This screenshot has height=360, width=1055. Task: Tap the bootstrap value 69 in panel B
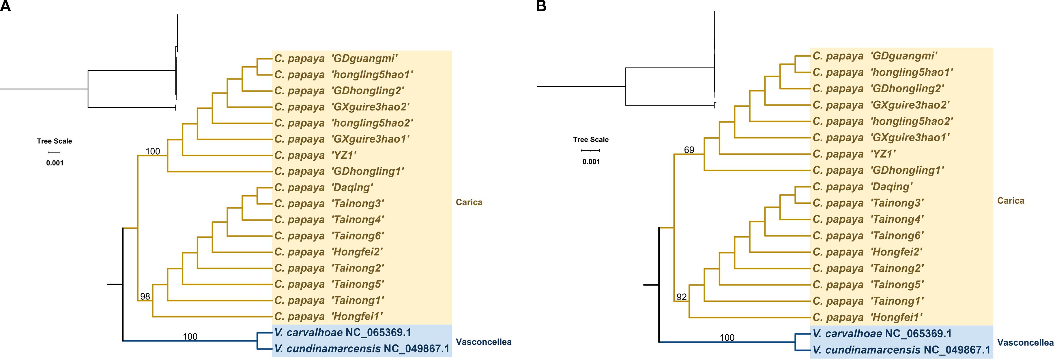[x=689, y=150]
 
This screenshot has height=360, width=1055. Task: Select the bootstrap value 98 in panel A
[x=145, y=296]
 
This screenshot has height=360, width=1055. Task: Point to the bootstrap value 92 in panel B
[x=682, y=297]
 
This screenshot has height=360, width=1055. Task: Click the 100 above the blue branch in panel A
[x=190, y=337]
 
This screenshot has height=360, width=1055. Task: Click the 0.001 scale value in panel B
[x=591, y=162]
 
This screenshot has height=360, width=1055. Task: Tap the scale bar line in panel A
[x=55, y=152]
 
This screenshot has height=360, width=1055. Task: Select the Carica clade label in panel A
[x=469, y=202]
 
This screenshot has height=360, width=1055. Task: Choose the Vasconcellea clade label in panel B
[x=1025, y=343]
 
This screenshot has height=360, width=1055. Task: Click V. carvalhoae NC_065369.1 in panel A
[x=342, y=333]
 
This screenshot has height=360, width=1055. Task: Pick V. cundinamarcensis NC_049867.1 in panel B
[x=901, y=350]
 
